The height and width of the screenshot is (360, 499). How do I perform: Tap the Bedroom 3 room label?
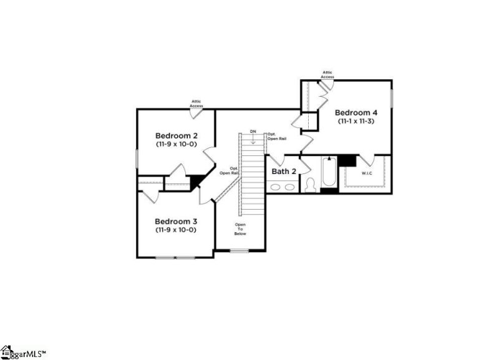[x=176, y=221]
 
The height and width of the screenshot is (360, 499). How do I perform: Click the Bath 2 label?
[x=284, y=170]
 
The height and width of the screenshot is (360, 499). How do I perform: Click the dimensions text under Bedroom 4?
[x=356, y=121]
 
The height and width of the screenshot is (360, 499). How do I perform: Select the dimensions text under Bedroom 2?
[x=176, y=144]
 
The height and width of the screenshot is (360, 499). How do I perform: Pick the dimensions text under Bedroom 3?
[x=176, y=230]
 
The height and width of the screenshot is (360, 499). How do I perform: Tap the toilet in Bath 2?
[x=310, y=184]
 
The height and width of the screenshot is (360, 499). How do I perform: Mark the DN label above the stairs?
[x=253, y=132]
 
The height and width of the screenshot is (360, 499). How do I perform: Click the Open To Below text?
[x=240, y=229]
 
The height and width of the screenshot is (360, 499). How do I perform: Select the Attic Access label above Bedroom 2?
[x=196, y=104]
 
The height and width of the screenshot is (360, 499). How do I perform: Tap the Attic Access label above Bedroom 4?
[x=327, y=74]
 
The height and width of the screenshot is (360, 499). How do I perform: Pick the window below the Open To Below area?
[x=239, y=251]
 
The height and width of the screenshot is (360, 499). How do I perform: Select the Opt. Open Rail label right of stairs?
[x=277, y=136]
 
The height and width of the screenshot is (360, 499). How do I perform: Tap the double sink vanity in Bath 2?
[x=284, y=186]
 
